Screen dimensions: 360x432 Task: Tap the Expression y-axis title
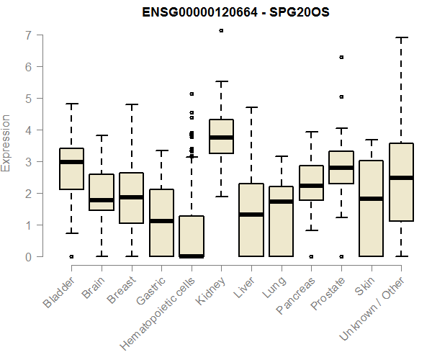pos(7,143)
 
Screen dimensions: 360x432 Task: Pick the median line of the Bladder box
pos(71,162)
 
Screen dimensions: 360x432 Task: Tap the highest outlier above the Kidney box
pos(221,30)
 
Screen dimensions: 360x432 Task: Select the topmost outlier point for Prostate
pos(341,57)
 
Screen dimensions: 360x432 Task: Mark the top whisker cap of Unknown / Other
pos(402,37)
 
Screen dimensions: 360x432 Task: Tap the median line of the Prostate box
pos(341,167)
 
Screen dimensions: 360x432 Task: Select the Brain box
pos(102,192)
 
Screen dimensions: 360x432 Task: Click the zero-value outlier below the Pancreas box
pos(311,256)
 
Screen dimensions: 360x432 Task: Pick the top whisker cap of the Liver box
pos(251,107)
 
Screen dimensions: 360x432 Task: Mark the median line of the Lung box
pos(282,202)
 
